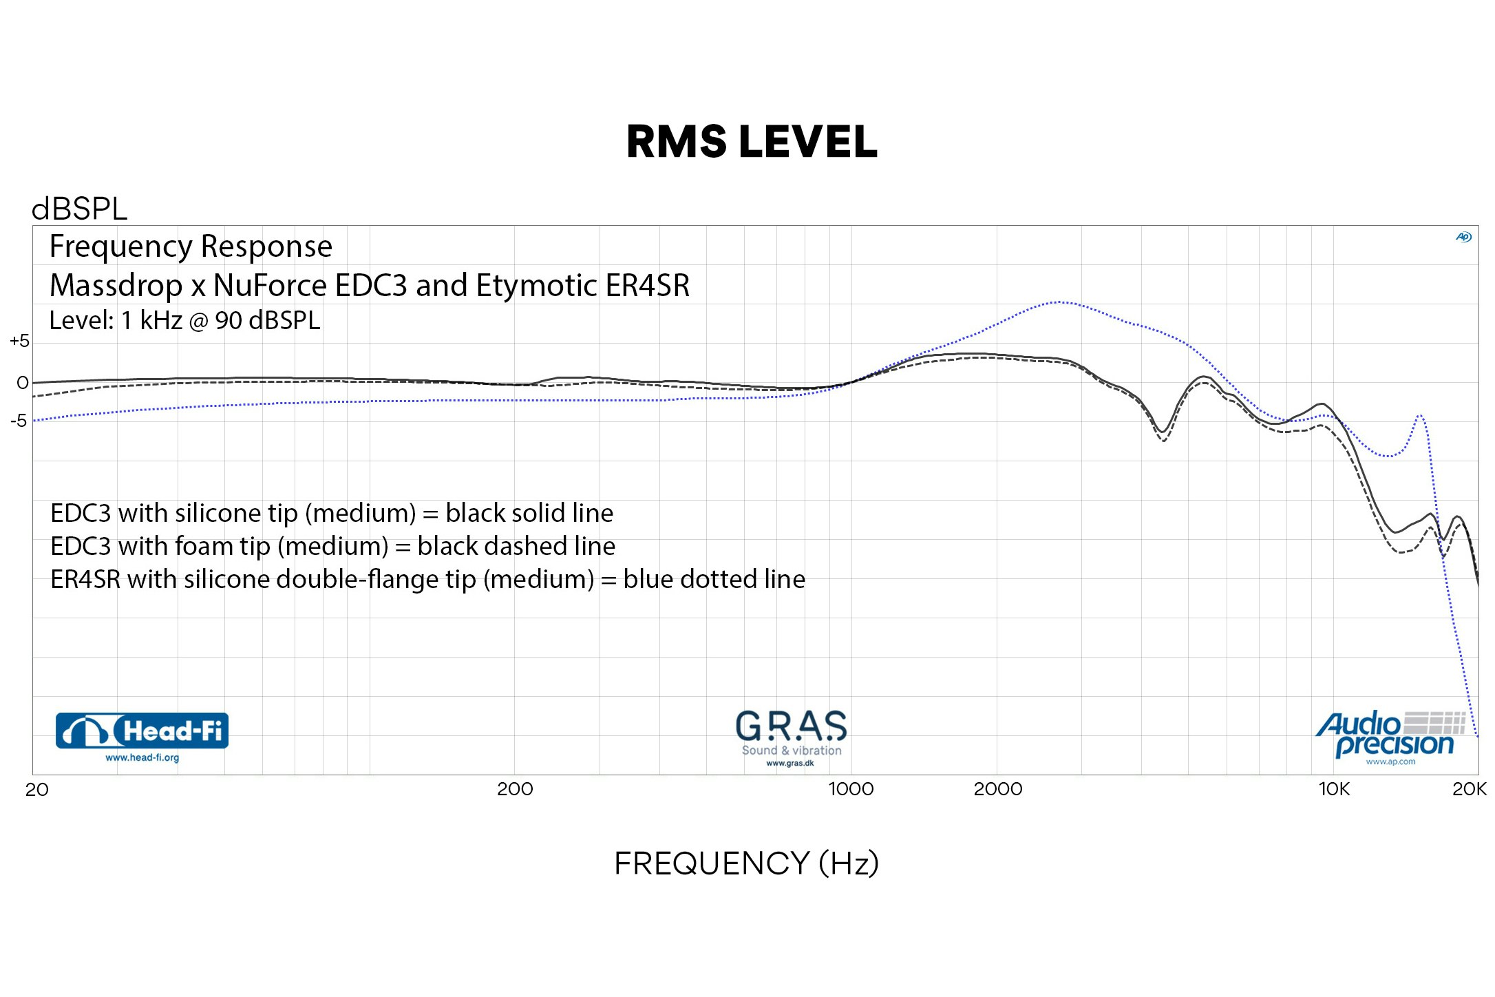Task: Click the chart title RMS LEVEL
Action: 752,142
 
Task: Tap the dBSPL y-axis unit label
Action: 79,209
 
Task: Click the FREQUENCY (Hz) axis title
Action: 746,863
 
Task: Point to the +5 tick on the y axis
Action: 19,341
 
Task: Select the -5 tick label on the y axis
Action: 19,421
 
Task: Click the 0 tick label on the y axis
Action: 23,383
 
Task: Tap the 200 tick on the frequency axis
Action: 515,789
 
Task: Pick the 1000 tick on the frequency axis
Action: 851,789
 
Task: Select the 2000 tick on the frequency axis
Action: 997,789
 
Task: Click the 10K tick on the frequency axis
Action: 1334,789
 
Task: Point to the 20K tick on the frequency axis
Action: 1469,789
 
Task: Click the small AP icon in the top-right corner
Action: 1463,237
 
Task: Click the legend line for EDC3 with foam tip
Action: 332,546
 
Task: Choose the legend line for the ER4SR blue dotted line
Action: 427,579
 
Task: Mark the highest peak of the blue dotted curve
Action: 1060,302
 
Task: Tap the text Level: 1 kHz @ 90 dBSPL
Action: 184,321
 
